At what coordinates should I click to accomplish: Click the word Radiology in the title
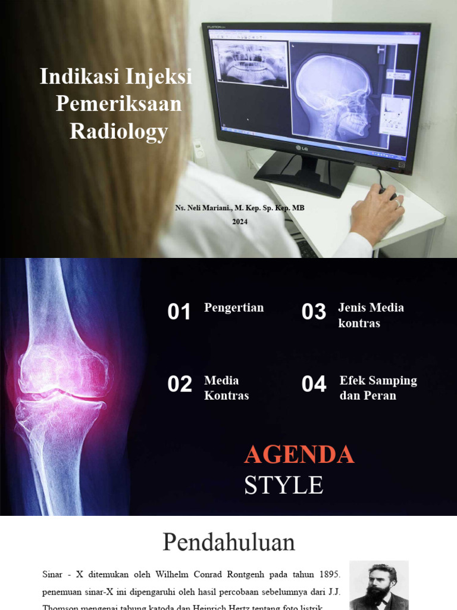coord(119,132)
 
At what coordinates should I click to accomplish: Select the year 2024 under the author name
coord(240,222)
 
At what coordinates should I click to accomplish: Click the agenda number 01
coord(179,312)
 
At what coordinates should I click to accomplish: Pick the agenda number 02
coord(180,385)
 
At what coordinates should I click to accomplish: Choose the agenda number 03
coord(314,312)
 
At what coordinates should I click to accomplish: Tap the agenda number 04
coord(314,385)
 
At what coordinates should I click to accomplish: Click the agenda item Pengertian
coord(234,308)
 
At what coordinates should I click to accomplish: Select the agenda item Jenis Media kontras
coord(371,315)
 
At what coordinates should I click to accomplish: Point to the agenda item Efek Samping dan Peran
coord(378,388)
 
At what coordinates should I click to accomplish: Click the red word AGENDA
coord(299,455)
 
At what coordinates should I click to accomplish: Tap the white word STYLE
coord(283,485)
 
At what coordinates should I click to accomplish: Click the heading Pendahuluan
coord(228,543)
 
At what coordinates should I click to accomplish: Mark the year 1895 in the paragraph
coord(324,575)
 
